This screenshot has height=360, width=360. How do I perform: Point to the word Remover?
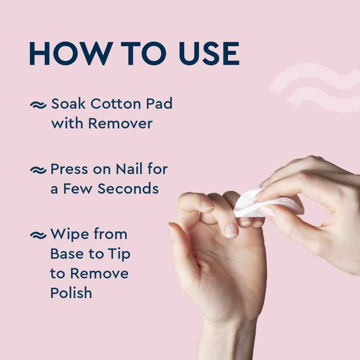tap(120, 123)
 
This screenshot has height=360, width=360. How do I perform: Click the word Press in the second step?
tap(68, 169)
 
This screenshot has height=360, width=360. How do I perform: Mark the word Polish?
tap(71, 293)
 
